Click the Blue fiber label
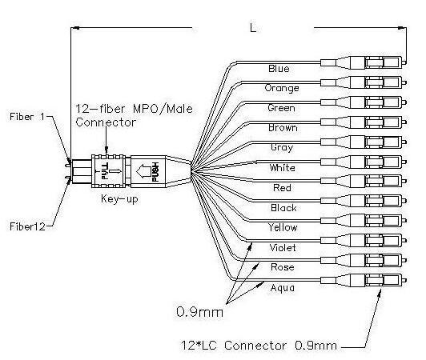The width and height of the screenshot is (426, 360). click(279, 69)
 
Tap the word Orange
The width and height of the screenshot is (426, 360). click(282, 88)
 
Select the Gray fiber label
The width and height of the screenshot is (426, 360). click(282, 147)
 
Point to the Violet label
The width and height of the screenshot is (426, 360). click(283, 248)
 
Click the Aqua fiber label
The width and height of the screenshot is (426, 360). click(283, 288)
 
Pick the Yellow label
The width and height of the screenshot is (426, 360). click(283, 227)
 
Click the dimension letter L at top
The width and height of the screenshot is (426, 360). click(253, 27)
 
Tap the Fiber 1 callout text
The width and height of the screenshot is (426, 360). click(27, 117)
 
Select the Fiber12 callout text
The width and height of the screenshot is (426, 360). click(27, 226)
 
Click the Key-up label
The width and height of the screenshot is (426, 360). click(119, 199)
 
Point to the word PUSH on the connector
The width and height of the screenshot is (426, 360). click(155, 171)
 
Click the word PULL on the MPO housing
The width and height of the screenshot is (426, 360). click(105, 171)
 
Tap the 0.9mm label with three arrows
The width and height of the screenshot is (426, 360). click(199, 312)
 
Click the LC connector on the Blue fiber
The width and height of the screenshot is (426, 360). click(364, 62)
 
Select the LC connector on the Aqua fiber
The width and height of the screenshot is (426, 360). click(364, 280)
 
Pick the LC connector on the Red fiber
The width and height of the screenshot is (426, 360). click(364, 181)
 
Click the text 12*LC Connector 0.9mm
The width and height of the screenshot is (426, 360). click(259, 346)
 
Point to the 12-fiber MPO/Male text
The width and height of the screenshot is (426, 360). click(134, 109)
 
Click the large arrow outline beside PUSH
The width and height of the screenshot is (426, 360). click(143, 171)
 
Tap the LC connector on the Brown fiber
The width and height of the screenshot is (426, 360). click(364, 122)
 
